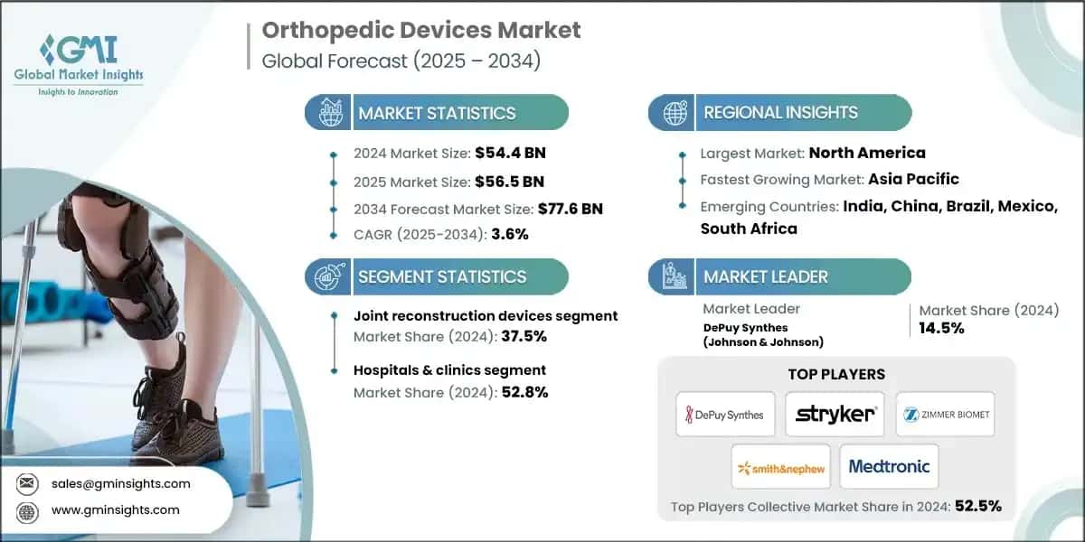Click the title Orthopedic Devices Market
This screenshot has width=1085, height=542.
(421, 30)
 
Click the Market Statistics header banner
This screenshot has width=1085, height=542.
(437, 113)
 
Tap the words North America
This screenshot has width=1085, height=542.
(866, 153)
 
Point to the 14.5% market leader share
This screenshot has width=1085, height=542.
(941, 328)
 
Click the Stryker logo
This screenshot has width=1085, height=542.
(835, 415)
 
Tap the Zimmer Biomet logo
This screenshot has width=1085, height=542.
(945, 415)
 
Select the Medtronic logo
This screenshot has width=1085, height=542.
(889, 467)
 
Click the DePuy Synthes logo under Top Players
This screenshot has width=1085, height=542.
(725, 415)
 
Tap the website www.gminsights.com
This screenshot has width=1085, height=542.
(115, 510)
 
